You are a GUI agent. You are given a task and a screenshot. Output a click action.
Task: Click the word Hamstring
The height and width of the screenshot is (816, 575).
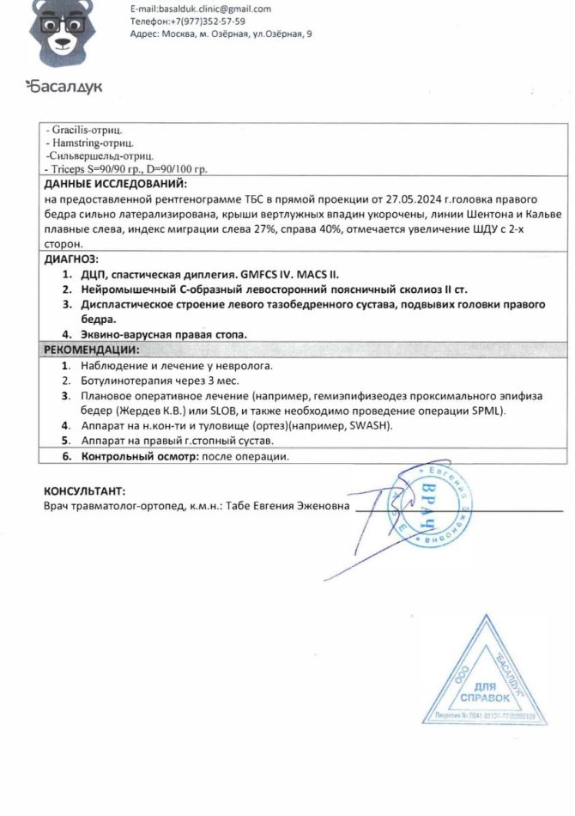(x=75, y=143)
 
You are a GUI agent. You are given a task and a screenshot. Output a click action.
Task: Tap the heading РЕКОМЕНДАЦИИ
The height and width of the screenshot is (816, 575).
(x=89, y=350)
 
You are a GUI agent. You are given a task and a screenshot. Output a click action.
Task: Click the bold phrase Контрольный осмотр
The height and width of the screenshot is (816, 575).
(x=139, y=456)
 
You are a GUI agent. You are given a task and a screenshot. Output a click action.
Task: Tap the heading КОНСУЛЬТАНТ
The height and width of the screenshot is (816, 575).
(x=83, y=491)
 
